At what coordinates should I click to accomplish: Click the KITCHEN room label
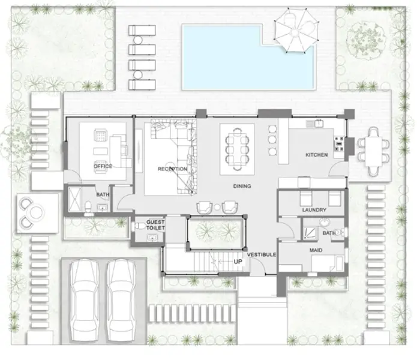pos(316,155)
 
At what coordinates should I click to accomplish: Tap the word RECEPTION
pos(172,169)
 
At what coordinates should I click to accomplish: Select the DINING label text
pos(242,187)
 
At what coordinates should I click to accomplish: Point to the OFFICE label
pos(103,166)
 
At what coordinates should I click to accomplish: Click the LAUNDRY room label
pos(314,210)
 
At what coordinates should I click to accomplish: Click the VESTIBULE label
pos(261,255)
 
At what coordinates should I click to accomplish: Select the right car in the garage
pos(122,296)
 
